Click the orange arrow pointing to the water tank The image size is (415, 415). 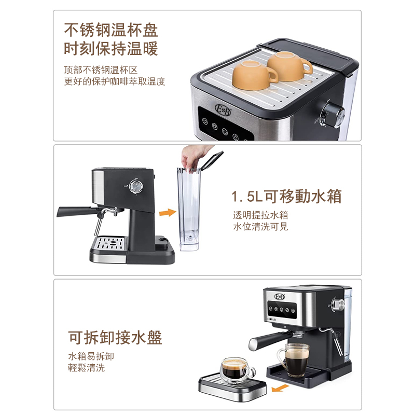[167, 212]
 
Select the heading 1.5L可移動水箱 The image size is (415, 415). [287, 197]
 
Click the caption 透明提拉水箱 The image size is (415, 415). [260, 215]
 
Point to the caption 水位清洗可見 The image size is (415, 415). [260, 227]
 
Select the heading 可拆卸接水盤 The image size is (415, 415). [115, 338]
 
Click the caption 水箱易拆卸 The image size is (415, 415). [91, 356]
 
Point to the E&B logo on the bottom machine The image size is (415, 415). [280, 296]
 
